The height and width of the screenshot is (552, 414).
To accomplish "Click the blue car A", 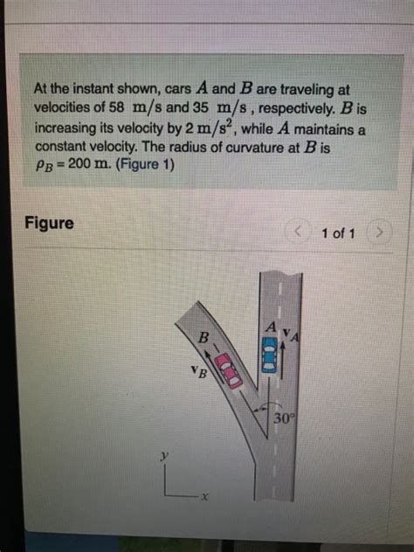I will click(270, 356).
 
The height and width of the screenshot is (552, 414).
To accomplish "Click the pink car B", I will click(229, 369).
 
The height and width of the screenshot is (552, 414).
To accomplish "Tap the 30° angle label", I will click(285, 417).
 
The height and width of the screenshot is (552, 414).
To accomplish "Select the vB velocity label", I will click(197, 376).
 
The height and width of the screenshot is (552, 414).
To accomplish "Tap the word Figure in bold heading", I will click(49, 223).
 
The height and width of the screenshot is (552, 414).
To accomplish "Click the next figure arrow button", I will click(380, 233).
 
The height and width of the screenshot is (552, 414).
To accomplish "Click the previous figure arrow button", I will click(301, 233).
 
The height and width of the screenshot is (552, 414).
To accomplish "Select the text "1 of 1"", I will click(338, 233).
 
